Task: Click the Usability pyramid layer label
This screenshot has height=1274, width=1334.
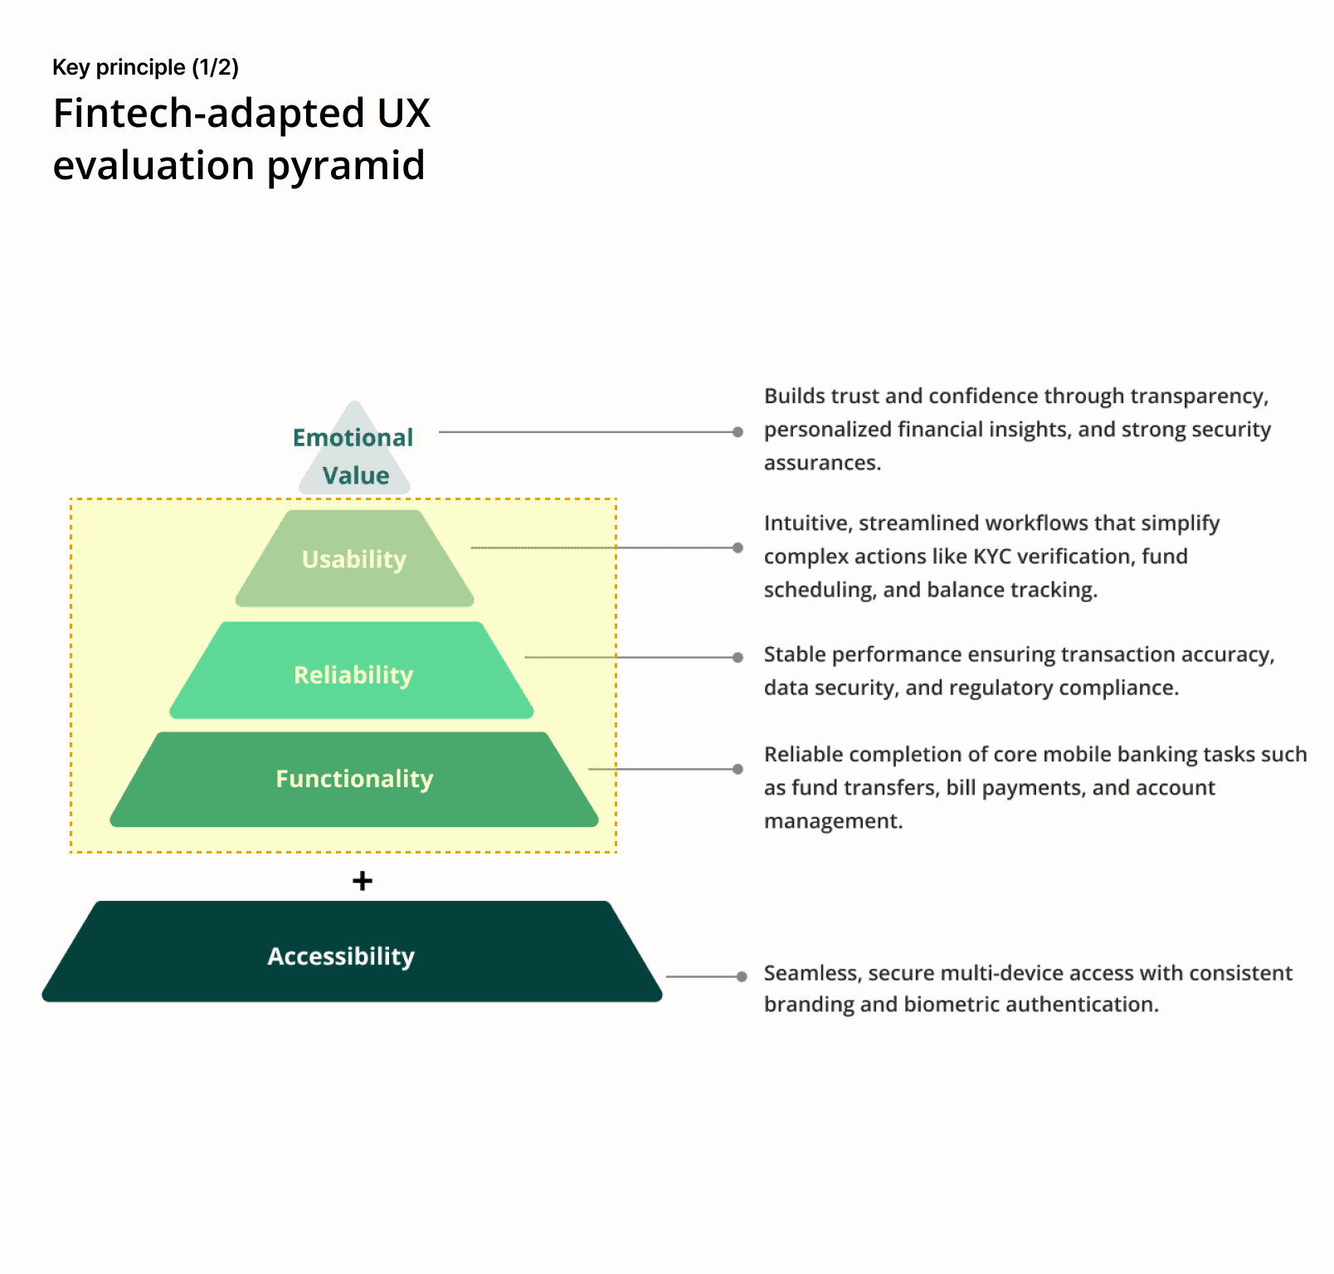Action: pos(354,560)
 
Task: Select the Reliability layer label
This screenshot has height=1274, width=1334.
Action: pos(353,675)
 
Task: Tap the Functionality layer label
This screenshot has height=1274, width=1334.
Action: pos(354,779)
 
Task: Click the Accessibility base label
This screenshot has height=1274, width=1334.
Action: pos(341,956)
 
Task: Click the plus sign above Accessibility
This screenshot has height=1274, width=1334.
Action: pos(363,881)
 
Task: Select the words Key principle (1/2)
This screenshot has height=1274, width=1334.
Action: pos(145,67)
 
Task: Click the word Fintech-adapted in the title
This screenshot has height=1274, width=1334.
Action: pos(208,114)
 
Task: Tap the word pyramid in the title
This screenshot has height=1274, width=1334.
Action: pos(346,165)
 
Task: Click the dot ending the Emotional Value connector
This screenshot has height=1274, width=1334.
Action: pos(738,432)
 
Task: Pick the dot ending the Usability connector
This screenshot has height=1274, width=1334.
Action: pos(738,547)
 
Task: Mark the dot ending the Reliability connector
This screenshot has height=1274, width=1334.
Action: pos(738,658)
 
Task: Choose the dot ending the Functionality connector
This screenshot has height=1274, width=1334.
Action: pos(738,769)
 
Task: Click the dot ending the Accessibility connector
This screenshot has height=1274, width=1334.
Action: pos(742,977)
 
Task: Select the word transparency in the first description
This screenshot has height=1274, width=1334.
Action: pos(1198,396)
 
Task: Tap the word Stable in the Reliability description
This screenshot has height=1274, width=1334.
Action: pos(795,655)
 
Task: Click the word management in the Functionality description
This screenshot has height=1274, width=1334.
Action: pos(832,821)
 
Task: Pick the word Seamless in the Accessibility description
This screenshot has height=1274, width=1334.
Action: pos(811,973)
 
